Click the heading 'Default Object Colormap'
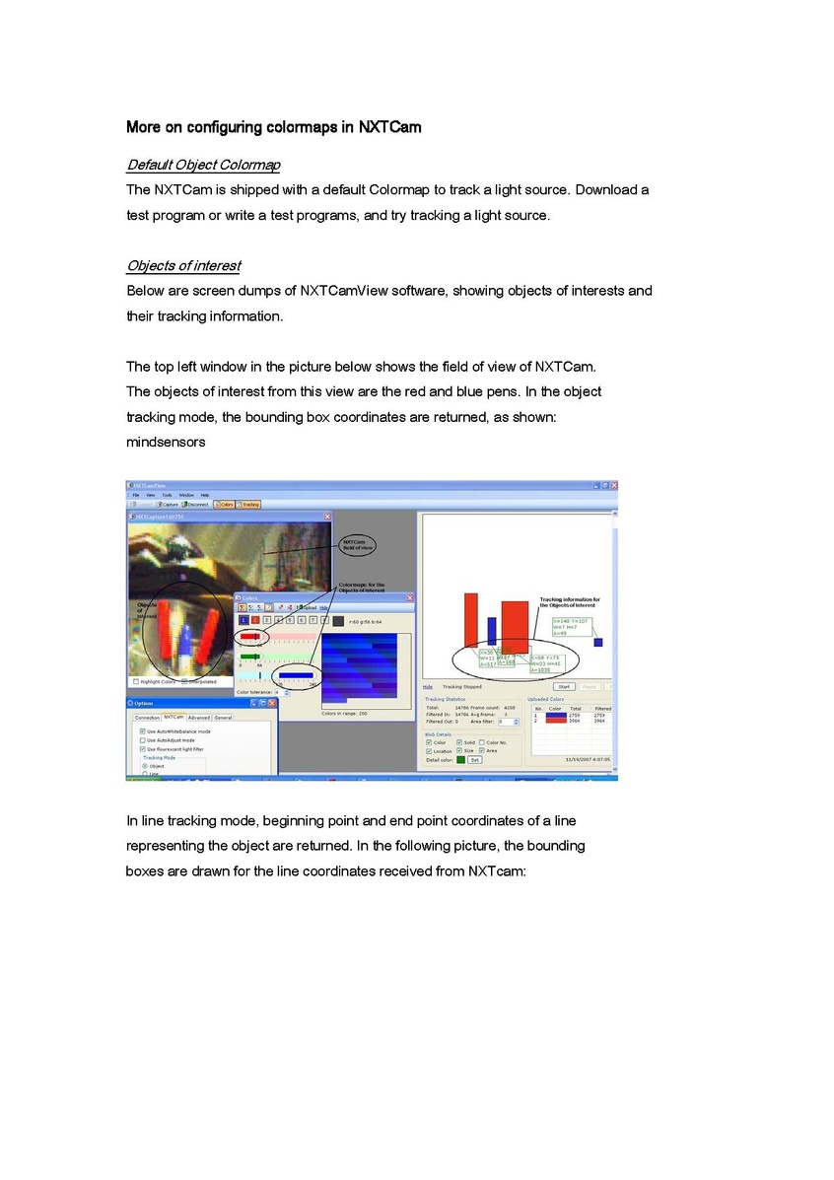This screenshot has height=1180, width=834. click(x=203, y=164)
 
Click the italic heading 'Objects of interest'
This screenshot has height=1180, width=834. click(x=183, y=265)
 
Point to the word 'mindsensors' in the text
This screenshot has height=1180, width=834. click(x=166, y=442)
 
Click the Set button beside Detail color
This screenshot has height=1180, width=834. click(x=475, y=760)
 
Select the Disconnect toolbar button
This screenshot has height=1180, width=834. click(x=195, y=504)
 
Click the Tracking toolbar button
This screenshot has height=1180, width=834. click(x=250, y=504)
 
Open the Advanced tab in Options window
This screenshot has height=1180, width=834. click(x=199, y=718)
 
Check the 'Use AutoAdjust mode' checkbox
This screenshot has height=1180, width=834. click(x=143, y=740)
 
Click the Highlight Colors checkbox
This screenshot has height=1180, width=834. click(x=136, y=681)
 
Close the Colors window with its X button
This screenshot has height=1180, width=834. click(x=410, y=598)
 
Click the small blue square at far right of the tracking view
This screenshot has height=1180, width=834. click(x=597, y=642)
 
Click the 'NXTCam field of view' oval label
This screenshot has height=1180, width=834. click(x=358, y=545)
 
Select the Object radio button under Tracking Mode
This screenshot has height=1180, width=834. click(x=145, y=766)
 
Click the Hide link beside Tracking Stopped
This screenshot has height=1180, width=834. click(x=428, y=686)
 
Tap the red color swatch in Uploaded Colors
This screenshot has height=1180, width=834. click(x=556, y=721)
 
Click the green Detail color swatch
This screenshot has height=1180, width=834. click(x=460, y=760)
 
